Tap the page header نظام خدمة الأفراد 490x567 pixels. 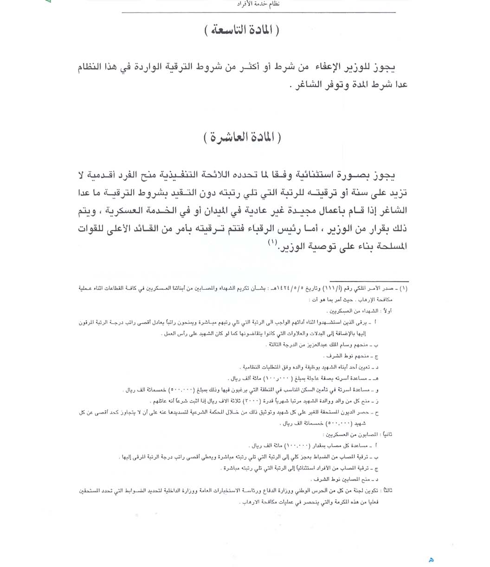click(x=258, y=4)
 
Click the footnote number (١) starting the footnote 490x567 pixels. click(x=404, y=288)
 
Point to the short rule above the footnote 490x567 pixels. click(x=369, y=281)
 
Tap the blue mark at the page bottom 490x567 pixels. click(x=431, y=560)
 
